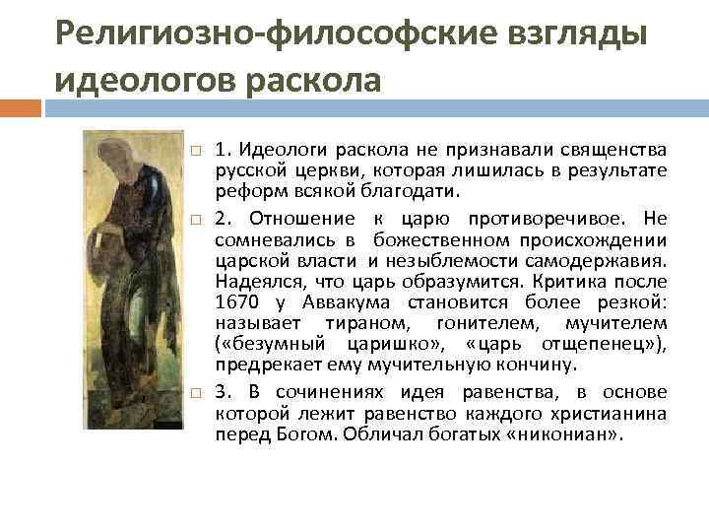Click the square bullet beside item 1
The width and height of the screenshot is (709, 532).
click(x=196, y=152)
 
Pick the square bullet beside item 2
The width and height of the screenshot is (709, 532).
click(x=196, y=218)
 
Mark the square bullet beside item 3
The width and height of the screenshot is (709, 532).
click(x=196, y=392)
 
